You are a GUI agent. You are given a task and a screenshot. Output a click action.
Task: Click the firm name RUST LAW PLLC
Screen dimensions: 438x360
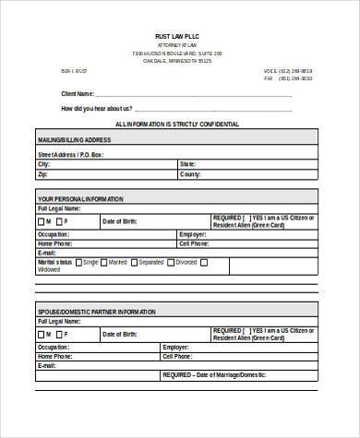coord(178,35)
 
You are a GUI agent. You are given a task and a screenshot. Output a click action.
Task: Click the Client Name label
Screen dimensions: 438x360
coord(78,94)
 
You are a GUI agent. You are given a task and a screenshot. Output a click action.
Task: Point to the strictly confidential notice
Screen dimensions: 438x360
coord(177,124)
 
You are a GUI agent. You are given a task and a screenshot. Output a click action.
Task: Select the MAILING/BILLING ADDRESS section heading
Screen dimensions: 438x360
coord(74,140)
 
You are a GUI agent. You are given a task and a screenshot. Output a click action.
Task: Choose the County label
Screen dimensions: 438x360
coord(190,174)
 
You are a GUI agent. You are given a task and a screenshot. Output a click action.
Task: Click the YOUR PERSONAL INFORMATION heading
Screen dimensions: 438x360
coord(81,199)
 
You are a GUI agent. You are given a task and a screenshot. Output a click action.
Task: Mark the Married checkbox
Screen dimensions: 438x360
coord(104,263)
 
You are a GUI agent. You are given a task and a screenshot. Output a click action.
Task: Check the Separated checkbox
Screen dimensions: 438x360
coord(133,263)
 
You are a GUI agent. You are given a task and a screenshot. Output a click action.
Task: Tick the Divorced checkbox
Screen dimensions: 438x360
coord(169,263)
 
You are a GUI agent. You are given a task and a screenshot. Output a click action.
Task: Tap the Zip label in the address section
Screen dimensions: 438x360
coord(42,174)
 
